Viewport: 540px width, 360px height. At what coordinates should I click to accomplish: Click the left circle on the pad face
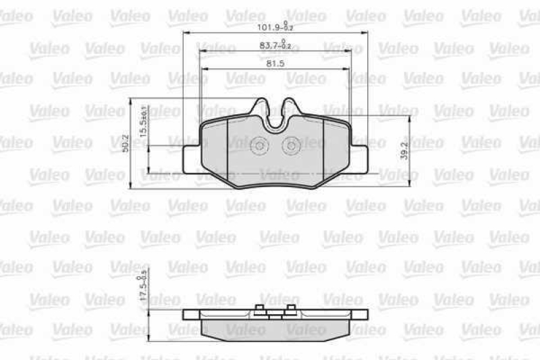[260, 145]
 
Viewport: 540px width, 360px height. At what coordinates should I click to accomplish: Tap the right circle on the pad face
[292, 145]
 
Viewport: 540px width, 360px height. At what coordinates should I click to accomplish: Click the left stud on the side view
[259, 310]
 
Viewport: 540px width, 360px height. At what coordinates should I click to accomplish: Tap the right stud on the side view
[291, 310]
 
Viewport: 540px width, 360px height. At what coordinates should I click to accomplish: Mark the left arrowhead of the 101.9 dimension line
[185, 32]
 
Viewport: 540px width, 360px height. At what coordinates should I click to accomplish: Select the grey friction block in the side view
[275, 327]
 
